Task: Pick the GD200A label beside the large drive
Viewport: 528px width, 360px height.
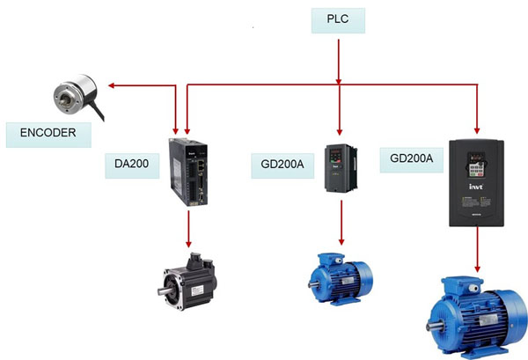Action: (410, 158)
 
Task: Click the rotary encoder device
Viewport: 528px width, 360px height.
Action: (73, 96)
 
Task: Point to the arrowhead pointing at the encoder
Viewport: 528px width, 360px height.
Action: (113, 86)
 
